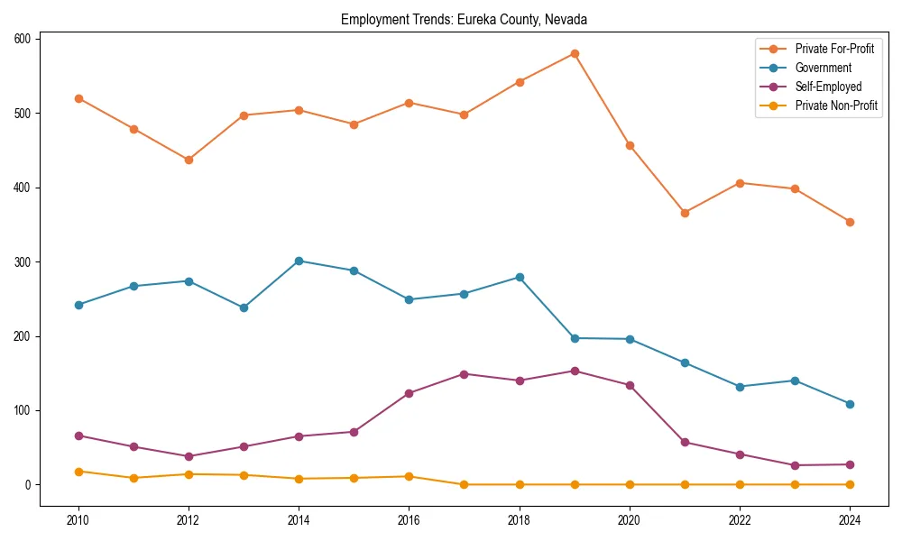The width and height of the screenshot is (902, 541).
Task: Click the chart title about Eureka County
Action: coord(464,19)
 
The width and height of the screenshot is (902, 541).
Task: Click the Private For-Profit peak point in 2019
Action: coord(575,54)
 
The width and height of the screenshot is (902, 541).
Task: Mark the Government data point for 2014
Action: coord(299,261)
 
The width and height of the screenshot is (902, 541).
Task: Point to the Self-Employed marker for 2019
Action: coord(575,371)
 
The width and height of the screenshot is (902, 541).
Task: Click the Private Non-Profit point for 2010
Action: coord(78,472)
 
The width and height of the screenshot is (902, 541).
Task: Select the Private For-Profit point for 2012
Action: coord(189,160)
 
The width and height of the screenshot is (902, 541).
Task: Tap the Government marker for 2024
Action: coord(850,404)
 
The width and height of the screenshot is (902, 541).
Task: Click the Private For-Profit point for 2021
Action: coord(685,213)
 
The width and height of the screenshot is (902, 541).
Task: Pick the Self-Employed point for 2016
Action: coord(410,393)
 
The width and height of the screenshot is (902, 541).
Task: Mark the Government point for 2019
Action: coord(575,338)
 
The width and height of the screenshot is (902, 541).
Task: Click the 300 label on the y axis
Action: coord(23,261)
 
